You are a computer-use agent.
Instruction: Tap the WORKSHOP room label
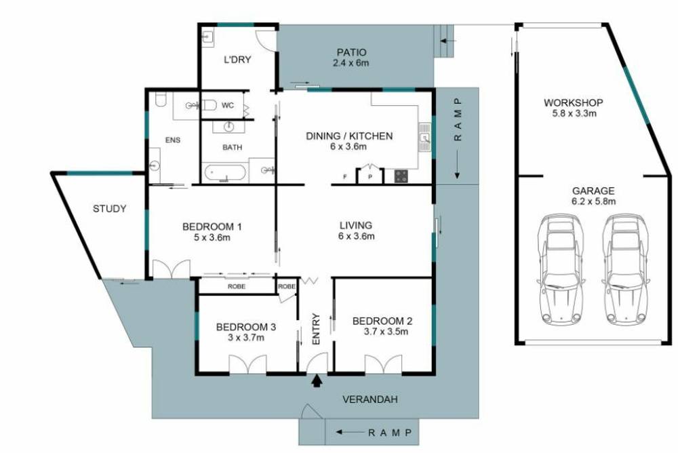[x=573, y=103]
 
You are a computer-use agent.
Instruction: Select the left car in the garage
[x=561, y=269]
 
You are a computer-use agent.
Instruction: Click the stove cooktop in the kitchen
[x=401, y=176]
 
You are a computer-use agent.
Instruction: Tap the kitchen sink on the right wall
[x=425, y=138]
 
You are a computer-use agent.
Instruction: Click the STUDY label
[x=109, y=209]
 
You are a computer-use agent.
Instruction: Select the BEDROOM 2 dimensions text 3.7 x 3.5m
[x=382, y=332]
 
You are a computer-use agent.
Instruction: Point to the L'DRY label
[x=237, y=60]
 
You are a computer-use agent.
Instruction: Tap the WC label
[x=228, y=105]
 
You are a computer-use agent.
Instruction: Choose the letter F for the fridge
[x=345, y=178]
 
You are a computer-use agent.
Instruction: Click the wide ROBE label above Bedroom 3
[x=236, y=287]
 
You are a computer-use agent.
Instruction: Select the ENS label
[x=173, y=140]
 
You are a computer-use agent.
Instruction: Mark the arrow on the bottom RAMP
[x=349, y=432]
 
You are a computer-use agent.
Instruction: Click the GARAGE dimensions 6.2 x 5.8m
[x=593, y=201]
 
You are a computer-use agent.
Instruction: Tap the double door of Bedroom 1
[x=169, y=269]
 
